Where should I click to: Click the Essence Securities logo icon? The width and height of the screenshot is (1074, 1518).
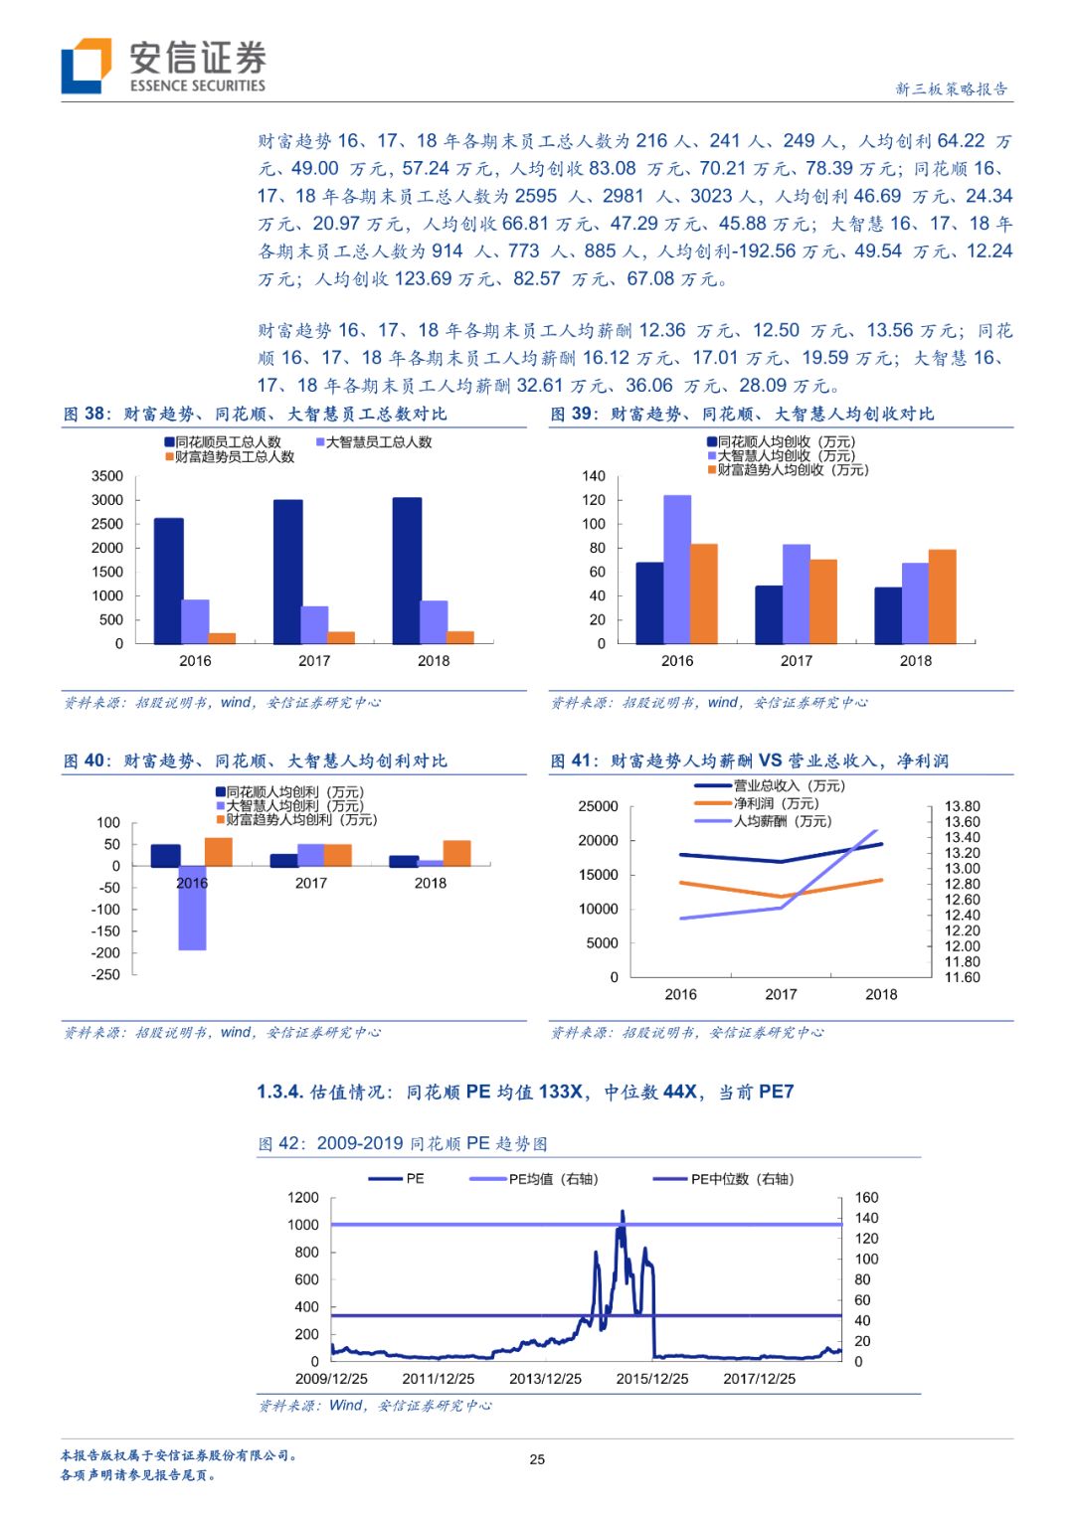coord(87,66)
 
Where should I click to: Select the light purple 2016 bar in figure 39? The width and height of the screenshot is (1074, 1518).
coord(677,569)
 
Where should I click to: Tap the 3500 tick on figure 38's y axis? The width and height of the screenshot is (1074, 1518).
coord(107,476)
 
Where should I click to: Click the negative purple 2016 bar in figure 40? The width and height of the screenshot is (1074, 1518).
coord(192,908)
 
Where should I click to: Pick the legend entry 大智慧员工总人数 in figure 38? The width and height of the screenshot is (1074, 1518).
coord(374,442)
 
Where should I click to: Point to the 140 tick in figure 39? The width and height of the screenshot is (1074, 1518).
coord(594,476)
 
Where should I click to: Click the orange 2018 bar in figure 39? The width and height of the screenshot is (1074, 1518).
coord(942,596)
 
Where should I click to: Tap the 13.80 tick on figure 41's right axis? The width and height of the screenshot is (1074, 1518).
coord(962,806)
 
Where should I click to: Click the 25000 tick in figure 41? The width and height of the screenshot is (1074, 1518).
coord(598,806)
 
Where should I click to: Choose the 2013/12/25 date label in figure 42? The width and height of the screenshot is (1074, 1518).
coord(545,1379)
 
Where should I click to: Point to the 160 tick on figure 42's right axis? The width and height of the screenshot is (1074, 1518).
coord(866,1198)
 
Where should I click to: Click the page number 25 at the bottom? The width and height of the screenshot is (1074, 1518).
coord(537,1459)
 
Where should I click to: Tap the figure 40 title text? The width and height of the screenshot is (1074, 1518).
coord(256,760)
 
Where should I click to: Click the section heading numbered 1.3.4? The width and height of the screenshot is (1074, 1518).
coord(525,1092)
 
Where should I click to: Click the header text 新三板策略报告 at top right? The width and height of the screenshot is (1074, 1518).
coord(951,88)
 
